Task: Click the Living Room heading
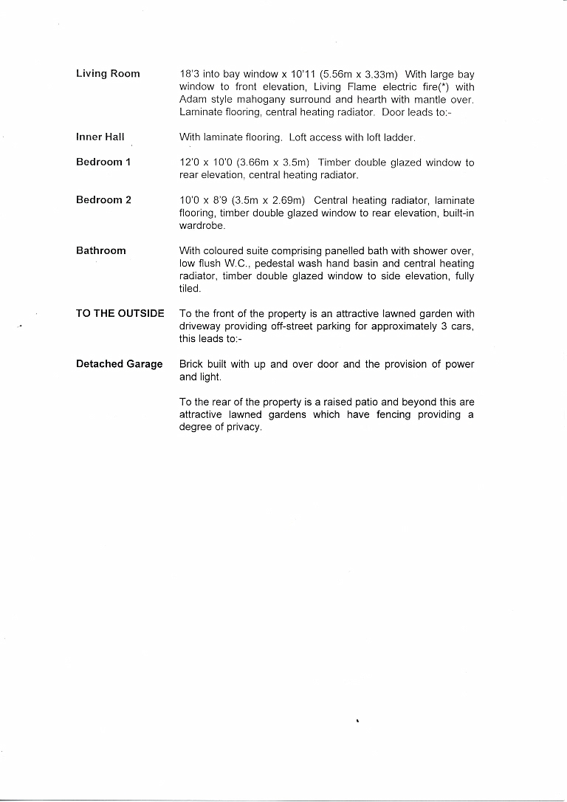pyautogui.click(x=108, y=74)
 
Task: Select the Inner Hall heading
pyautogui.click(x=100, y=137)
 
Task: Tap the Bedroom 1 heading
pyautogui.click(x=103, y=162)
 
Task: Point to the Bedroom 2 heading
pyautogui.click(x=103, y=200)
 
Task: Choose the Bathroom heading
pyautogui.click(x=101, y=251)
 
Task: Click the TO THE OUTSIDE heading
pyautogui.click(x=120, y=313)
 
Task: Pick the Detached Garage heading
pyautogui.click(x=120, y=364)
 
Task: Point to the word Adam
pyautogui.click(x=192, y=100)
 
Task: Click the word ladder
pyautogui.click(x=399, y=137)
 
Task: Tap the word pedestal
pyautogui.click(x=275, y=264)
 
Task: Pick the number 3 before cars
pyautogui.click(x=444, y=326)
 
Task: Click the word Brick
pyautogui.click(x=191, y=365)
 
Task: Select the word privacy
pyautogui.click(x=243, y=428)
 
